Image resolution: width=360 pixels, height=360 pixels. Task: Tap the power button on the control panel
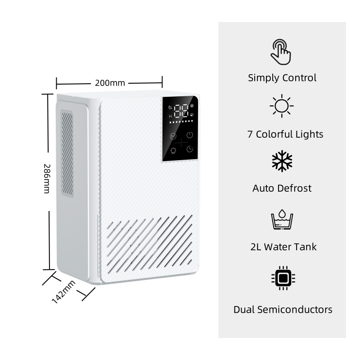point(190,135)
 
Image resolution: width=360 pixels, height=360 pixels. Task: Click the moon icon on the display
point(170,107)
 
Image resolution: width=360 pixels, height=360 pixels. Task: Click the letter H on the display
point(170,116)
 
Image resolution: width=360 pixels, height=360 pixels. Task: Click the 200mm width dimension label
point(110,83)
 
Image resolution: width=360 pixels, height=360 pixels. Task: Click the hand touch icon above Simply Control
point(281,50)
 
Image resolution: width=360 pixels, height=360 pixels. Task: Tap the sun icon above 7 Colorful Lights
point(282,106)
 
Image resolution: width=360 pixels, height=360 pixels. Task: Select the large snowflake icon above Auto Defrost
point(282,161)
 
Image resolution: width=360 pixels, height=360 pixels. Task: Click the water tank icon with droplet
point(282,219)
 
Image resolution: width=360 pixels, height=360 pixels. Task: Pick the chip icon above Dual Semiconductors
point(282,279)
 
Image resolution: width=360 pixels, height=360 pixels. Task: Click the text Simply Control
point(282,78)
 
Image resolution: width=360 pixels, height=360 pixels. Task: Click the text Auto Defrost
point(282,188)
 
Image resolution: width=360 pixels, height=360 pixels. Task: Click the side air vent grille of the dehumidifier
point(67,153)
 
